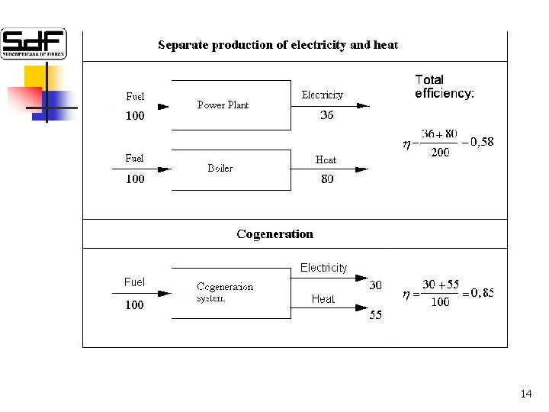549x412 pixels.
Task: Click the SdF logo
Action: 34,43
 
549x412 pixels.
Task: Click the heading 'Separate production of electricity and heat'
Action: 278,45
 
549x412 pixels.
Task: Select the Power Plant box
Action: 230,105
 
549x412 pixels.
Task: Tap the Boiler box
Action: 230,169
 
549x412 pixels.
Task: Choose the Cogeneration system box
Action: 230,292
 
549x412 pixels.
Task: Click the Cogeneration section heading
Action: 274,234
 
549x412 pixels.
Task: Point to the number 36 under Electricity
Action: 326,116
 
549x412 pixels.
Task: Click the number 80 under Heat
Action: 327,179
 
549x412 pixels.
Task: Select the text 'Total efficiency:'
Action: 444,86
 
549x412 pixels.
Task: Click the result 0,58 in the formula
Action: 482,141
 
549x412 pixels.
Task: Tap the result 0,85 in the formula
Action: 482,292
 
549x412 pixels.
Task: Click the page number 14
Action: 525,394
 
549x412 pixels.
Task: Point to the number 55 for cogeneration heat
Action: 375,315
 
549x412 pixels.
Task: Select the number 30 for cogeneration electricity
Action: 375,285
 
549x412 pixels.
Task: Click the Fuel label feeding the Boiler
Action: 134,158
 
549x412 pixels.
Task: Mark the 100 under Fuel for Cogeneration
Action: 134,305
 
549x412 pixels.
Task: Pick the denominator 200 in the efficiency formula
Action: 440,153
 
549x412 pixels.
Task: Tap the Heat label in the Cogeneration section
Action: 323,299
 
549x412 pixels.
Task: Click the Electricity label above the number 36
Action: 323,95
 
